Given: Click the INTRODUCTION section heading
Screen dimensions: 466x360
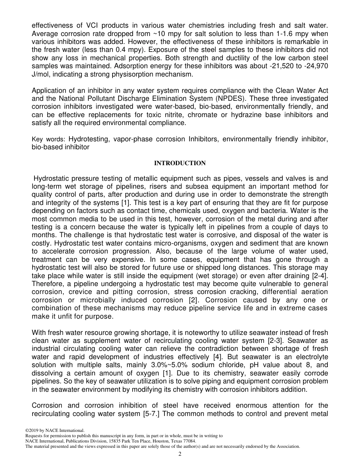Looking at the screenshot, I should coord(180,163).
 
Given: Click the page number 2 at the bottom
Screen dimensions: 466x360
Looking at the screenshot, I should coord(180,454).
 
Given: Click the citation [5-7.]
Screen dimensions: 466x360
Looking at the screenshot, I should coord(147,414).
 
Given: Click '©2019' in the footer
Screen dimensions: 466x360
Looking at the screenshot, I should coord(32,430).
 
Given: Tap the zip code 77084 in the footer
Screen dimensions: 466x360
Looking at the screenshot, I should coord(189,441).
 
